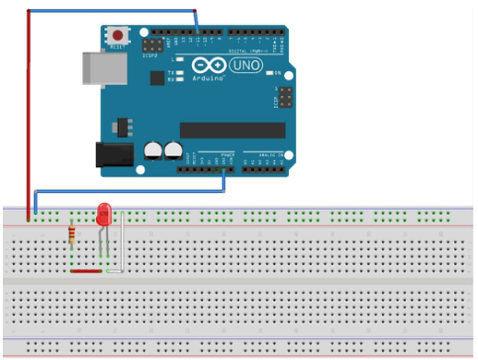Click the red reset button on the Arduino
[119, 34]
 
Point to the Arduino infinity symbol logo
[208, 66]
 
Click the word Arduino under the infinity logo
[209, 79]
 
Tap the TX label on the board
[172, 72]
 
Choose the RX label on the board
[172, 79]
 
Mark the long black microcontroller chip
[225, 130]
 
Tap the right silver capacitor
[172, 149]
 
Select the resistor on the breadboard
[72, 234]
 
